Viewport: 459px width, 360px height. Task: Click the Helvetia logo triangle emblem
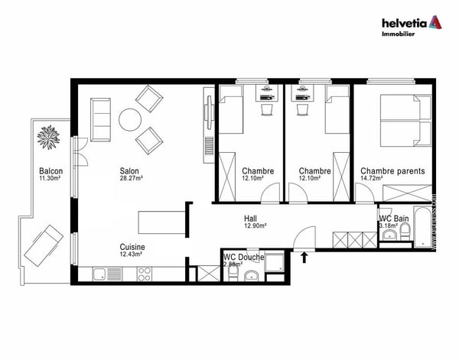click(x=435, y=21)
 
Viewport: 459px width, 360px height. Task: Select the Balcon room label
click(x=50, y=170)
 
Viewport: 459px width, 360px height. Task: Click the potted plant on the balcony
click(x=49, y=138)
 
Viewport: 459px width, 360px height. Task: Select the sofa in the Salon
click(x=100, y=116)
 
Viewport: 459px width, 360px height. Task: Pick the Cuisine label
click(x=132, y=247)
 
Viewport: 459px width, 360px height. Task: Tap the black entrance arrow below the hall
click(x=305, y=258)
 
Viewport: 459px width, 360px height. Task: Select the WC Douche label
click(x=244, y=258)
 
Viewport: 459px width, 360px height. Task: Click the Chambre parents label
click(x=392, y=171)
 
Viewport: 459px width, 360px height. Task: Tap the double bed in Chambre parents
click(x=402, y=121)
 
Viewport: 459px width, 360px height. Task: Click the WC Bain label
click(x=396, y=219)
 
